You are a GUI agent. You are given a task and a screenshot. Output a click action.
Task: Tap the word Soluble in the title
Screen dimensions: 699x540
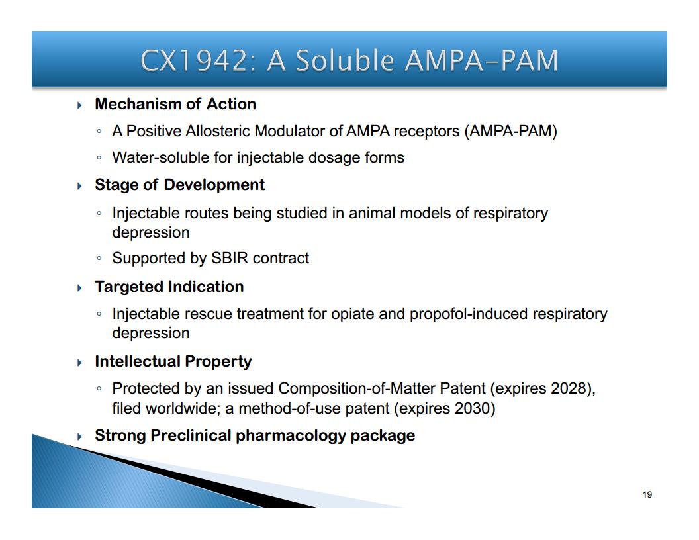pos(346,60)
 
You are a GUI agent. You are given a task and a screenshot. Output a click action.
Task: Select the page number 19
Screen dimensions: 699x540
pos(647,494)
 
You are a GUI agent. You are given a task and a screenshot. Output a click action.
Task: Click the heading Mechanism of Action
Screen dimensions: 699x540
pos(175,104)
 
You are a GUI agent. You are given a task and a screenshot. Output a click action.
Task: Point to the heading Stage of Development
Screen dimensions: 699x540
pos(179,185)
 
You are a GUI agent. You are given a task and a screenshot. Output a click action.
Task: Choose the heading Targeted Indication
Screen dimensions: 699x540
pos(169,287)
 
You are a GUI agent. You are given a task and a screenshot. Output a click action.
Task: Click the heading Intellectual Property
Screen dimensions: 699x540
pos(173,361)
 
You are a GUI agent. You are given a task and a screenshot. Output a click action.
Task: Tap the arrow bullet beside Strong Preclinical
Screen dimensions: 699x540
pos(80,436)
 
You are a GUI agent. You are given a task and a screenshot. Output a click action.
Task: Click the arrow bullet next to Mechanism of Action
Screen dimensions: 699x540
pos(80,105)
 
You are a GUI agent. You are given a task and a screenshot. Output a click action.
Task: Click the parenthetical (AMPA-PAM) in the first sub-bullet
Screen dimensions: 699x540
pos(510,132)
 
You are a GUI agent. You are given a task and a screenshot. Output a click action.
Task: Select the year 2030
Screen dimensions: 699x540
pos(473,408)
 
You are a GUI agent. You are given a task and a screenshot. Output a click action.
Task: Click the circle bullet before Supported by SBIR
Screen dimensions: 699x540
pos(99,258)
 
